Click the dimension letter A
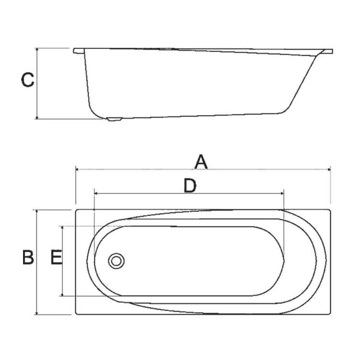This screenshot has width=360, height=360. [x=201, y=162]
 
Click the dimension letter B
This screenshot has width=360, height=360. [x=28, y=257]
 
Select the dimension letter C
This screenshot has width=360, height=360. [x=27, y=80]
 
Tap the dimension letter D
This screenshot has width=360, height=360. [x=190, y=185]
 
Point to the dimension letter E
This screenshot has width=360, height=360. [x=56, y=257]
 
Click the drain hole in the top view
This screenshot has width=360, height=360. [x=116, y=261]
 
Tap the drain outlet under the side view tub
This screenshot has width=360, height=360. [x=114, y=120]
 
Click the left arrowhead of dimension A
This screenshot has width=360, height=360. [x=77, y=169]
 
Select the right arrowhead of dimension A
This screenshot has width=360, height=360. [x=329, y=169]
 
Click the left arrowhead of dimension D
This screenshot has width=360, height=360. [x=96, y=193]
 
